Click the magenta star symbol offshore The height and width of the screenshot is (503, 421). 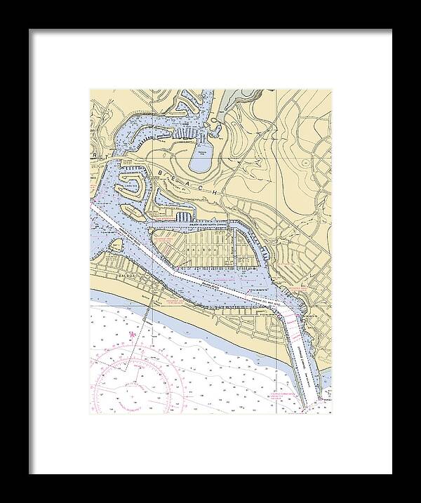point(131,337)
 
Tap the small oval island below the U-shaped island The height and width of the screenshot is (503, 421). point(133,210)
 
